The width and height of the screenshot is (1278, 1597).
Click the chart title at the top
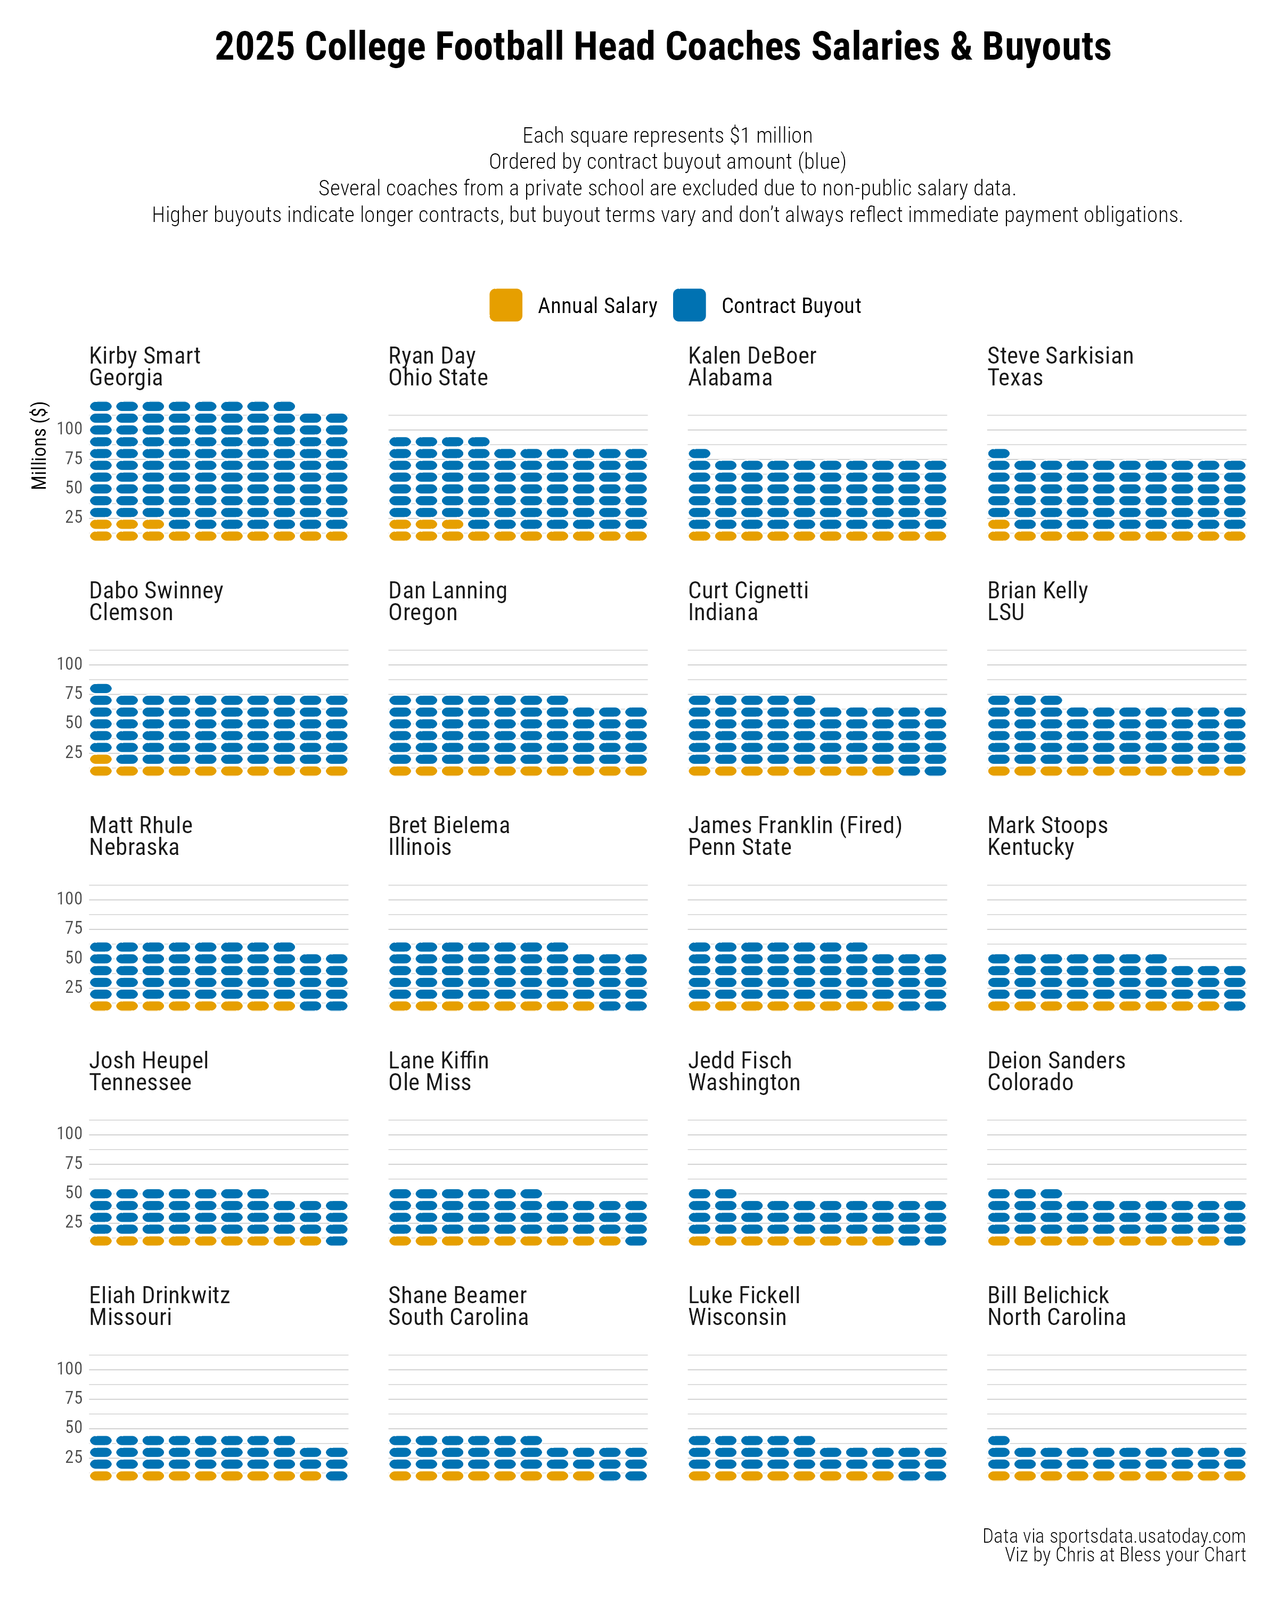pyautogui.click(x=662, y=47)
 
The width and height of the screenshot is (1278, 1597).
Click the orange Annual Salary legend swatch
pyautogui.click(x=505, y=305)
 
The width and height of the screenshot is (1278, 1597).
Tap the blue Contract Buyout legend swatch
pyautogui.click(x=689, y=305)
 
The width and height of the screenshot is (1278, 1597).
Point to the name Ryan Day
pyautogui.click(x=432, y=356)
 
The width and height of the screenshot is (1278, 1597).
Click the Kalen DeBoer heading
pyautogui.click(x=751, y=356)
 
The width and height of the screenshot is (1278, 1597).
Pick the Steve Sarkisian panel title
pyautogui.click(x=1060, y=356)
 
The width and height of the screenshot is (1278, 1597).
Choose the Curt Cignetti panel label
pyautogui.click(x=748, y=591)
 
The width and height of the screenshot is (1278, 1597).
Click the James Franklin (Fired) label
pyautogui.click(x=795, y=826)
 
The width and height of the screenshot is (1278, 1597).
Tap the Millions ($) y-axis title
pyautogui.click(x=39, y=445)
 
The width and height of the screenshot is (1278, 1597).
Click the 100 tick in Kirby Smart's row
pyautogui.click(x=70, y=428)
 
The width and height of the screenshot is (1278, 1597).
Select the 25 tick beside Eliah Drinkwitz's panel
pyautogui.click(x=73, y=1457)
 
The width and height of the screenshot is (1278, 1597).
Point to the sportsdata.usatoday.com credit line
pyautogui.click(x=1113, y=1536)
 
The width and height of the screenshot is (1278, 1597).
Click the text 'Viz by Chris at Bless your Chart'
pyautogui.click(x=1125, y=1555)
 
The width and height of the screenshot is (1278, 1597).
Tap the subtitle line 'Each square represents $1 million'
pyautogui.click(x=667, y=136)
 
